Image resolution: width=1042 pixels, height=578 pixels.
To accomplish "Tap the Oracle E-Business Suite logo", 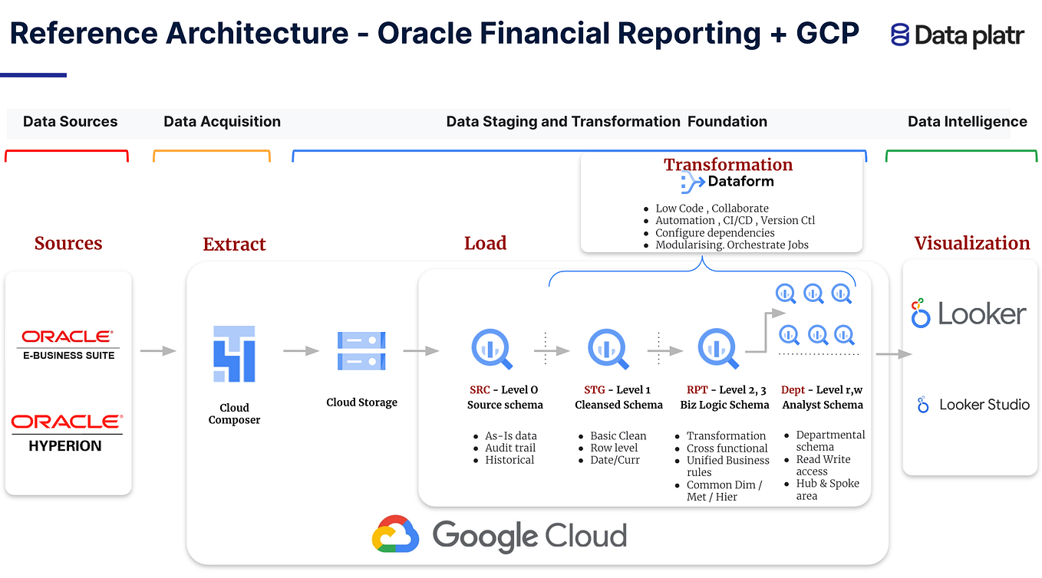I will (x=68, y=344).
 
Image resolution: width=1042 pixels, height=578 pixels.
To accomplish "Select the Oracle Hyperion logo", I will (x=65, y=432).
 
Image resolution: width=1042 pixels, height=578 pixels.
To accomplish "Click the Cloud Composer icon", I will (x=234, y=353).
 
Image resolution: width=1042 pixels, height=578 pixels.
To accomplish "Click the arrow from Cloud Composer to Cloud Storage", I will (x=301, y=351).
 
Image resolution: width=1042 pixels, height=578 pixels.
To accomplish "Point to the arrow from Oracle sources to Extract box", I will (x=158, y=351).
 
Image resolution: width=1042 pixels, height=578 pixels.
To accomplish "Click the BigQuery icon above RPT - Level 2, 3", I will (x=718, y=349).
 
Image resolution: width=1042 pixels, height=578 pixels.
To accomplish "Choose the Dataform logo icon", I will (x=693, y=182).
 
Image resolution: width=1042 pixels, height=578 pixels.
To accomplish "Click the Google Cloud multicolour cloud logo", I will (x=395, y=534).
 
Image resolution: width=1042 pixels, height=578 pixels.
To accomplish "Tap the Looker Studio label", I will (x=984, y=404).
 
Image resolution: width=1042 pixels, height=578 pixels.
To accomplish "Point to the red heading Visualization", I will (x=972, y=243).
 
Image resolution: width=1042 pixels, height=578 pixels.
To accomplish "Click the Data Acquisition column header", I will (x=222, y=121).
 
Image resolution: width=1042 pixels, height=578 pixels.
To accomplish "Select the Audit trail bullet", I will (x=510, y=448).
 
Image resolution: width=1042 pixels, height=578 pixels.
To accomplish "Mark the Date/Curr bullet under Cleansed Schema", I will (x=615, y=460).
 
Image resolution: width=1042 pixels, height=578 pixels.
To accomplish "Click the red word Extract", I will (x=234, y=244).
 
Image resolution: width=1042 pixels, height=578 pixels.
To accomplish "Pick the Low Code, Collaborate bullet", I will (x=711, y=208).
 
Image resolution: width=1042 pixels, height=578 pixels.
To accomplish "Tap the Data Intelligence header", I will (x=967, y=121).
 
